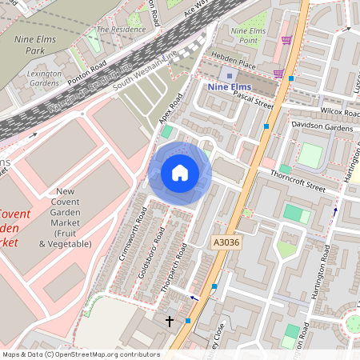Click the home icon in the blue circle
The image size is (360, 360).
coord(180,173)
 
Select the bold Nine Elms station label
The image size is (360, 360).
coord(231,87)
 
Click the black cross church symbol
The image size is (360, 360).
coord(169,322)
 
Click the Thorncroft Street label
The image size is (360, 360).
coord(298,182)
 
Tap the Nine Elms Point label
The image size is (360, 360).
coord(246,34)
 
